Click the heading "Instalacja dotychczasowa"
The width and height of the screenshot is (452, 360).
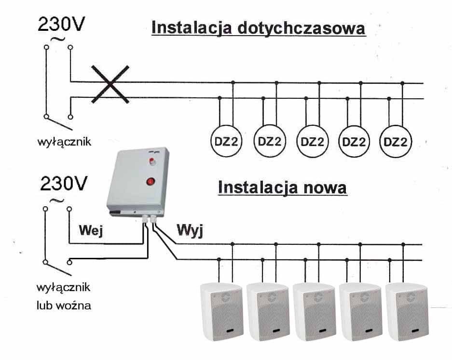pos(258,27)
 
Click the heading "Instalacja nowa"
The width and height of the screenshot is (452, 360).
pos(282,187)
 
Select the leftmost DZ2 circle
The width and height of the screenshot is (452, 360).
pos(226,142)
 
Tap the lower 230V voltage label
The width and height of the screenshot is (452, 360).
pos(63,184)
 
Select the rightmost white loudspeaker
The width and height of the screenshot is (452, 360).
pos(407,311)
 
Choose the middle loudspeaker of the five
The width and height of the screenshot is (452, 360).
pos(314,311)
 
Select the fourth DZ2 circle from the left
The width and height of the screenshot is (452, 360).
pos(355,142)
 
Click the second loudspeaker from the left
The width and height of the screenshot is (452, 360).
pos(267,311)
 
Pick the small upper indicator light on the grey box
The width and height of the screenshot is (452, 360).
pos(152,160)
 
